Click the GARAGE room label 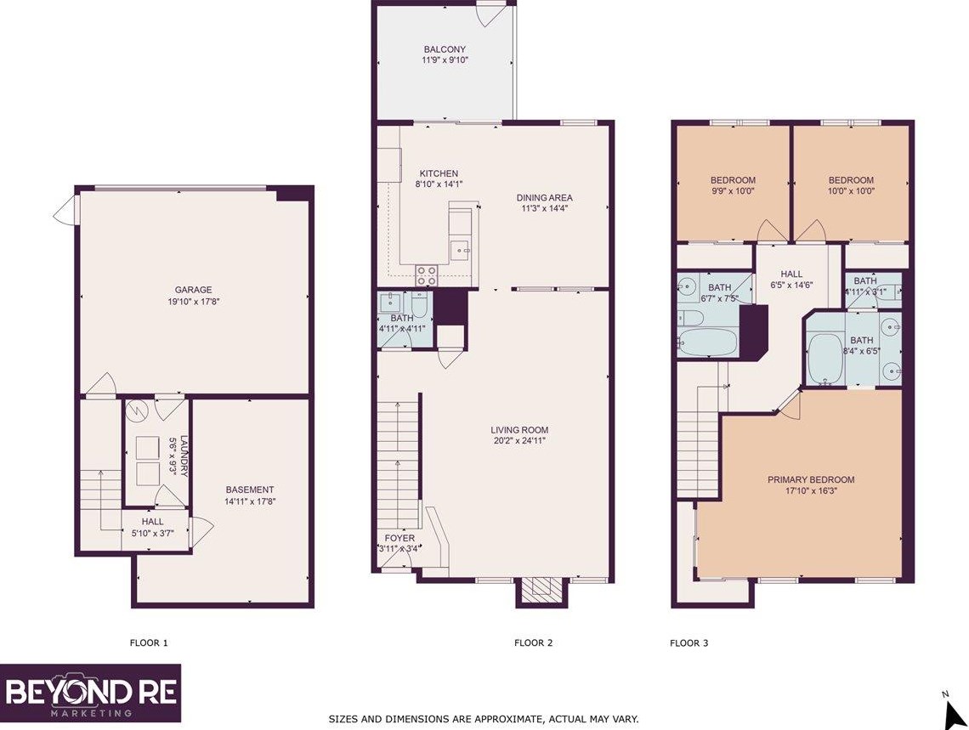194,289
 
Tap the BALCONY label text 445,49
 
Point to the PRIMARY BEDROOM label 811,479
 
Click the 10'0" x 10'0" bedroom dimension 851,192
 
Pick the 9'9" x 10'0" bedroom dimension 733,192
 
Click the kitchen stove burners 426,275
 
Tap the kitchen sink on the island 460,250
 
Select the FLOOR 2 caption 534,643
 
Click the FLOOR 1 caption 149,643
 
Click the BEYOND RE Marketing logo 90,693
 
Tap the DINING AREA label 545,198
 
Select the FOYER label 399,538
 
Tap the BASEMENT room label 250,489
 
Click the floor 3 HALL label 791,274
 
